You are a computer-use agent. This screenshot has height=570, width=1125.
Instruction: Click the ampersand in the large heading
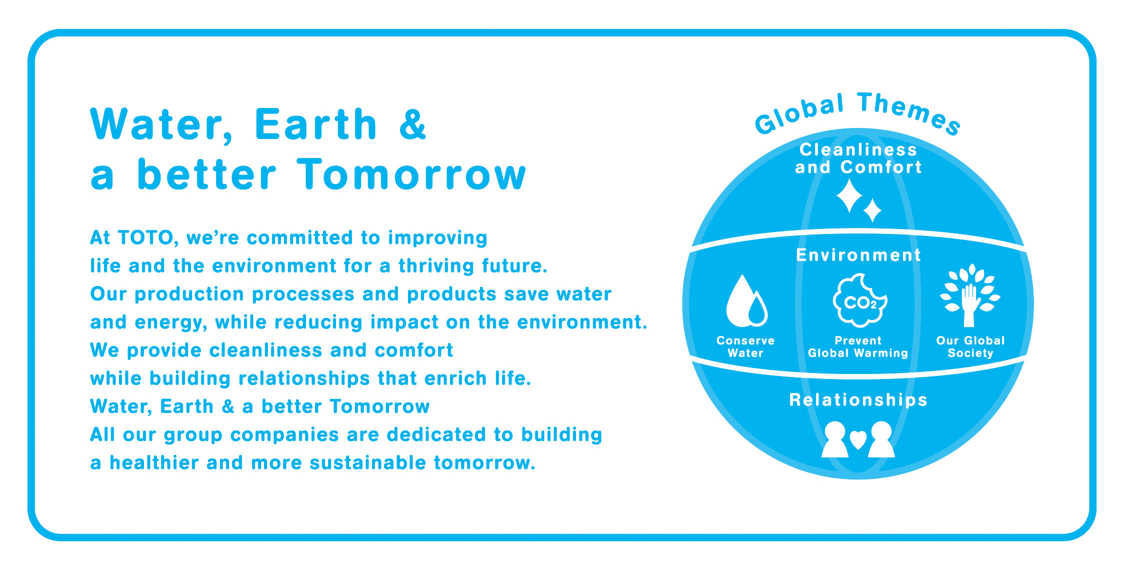tap(412, 124)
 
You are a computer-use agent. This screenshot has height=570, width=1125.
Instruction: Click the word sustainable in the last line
tap(367, 462)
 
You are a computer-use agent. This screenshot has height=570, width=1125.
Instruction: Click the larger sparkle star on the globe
tap(849, 196)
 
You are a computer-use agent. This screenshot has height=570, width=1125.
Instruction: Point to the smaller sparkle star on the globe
tap(872, 210)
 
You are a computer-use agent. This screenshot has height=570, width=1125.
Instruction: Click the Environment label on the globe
tap(858, 255)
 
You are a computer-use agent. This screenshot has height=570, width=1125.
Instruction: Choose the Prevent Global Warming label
tap(858, 347)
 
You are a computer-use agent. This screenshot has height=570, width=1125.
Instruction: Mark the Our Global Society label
tap(970, 347)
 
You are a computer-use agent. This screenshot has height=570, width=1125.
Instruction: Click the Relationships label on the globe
tap(858, 400)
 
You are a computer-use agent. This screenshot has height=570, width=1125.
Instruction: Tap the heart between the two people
tap(858, 439)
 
